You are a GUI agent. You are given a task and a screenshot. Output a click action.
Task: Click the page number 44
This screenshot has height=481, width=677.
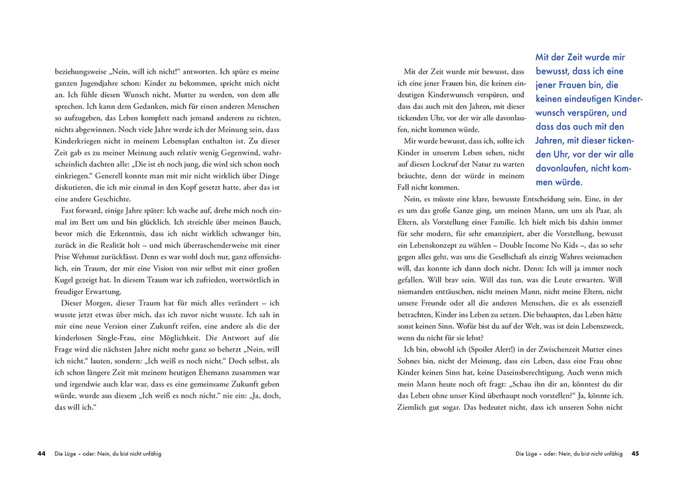tap(42, 454)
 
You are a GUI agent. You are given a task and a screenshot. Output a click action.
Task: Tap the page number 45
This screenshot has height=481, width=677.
tap(635, 454)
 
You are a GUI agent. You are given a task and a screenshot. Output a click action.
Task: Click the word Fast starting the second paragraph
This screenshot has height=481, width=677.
tap(69, 210)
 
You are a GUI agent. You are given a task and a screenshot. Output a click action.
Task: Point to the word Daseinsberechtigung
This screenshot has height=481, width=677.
tap(537, 373)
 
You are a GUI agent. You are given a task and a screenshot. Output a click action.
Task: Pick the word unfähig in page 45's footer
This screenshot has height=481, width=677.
tap(610, 454)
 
